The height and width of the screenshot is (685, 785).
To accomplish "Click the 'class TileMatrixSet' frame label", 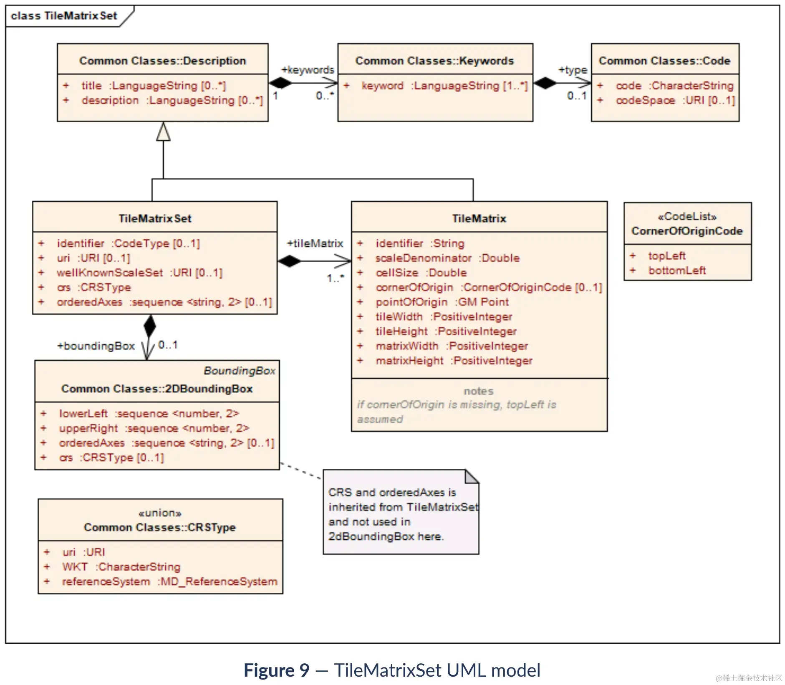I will pos(64,16).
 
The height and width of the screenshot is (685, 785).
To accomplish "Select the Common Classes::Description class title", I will pos(162,61).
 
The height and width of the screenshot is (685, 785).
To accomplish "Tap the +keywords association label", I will pos(308,70).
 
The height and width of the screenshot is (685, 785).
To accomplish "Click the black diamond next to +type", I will pos(545,83).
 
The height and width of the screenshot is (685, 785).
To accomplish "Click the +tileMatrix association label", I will pos(315,243).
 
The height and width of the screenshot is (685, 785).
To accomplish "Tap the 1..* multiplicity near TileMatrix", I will pos(336,278).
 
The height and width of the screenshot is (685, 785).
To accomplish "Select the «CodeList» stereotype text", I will pos(687,217).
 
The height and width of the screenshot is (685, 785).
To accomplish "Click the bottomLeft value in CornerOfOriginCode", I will pos(676,270).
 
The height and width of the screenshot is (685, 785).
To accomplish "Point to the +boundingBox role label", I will pos(96,346).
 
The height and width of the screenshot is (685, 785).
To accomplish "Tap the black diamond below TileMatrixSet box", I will pos(149,326).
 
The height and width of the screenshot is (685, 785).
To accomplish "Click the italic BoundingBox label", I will pos(239,371).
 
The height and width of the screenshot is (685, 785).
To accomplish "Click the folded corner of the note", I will pos(472,476).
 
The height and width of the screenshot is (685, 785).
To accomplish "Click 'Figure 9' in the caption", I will pos(276,670).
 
